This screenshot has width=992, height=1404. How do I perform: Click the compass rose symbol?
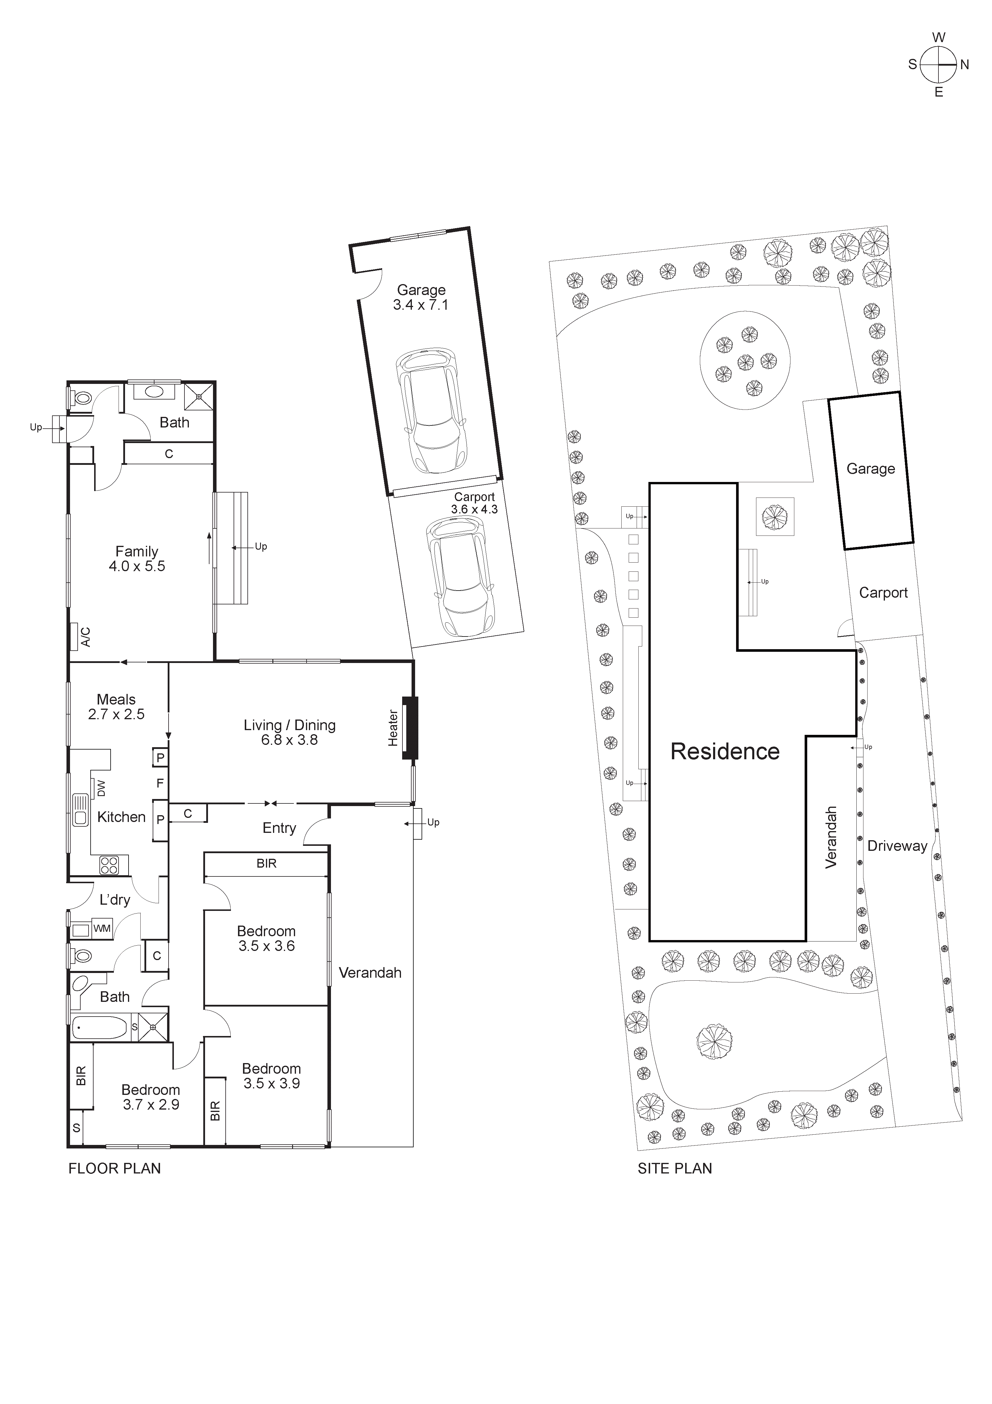tap(938, 65)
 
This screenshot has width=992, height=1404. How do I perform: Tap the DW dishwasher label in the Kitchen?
tap(101, 788)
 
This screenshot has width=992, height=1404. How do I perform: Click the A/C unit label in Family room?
tap(86, 636)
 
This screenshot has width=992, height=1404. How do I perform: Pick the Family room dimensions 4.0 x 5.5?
tap(137, 566)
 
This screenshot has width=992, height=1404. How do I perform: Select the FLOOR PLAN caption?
tap(114, 1168)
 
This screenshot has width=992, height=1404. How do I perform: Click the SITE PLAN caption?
tap(675, 1168)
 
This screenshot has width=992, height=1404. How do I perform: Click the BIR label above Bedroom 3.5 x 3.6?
tap(267, 863)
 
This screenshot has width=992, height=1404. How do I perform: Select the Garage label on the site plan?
tap(871, 469)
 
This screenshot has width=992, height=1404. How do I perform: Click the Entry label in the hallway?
tap(279, 828)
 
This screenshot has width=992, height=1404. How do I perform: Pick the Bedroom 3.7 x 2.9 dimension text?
tap(151, 1104)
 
